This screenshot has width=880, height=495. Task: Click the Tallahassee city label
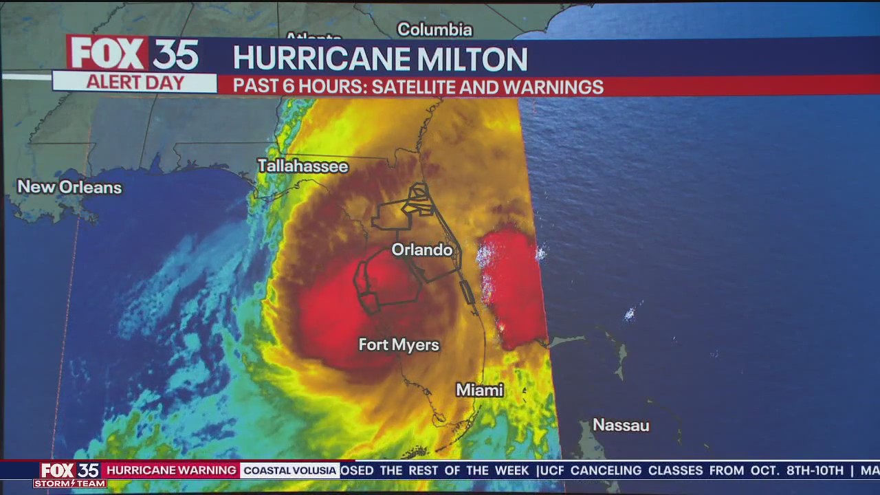tap(302, 166)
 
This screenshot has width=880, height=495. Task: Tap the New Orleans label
tap(69, 187)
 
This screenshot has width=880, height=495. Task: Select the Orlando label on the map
tap(422, 250)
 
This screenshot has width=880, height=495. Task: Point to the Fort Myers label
tap(399, 344)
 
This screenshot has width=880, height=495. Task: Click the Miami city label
tap(480, 390)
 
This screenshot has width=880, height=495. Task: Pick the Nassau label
tap(621, 425)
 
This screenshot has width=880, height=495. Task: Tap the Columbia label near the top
tap(434, 30)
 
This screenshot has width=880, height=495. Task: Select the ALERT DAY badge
tap(135, 83)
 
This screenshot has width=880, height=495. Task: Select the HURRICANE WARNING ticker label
tap(171, 470)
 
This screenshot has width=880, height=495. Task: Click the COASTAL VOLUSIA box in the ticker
tap(290, 470)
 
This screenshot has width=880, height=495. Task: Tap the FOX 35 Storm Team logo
tap(69, 475)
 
